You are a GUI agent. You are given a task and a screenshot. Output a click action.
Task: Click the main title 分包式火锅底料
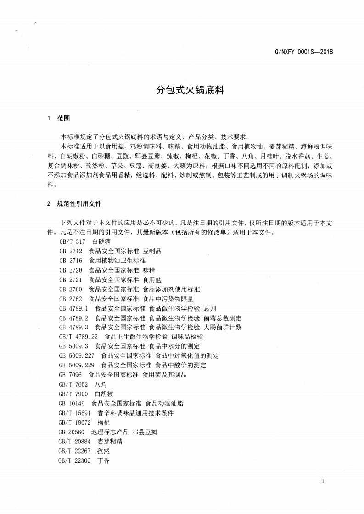click(x=190, y=90)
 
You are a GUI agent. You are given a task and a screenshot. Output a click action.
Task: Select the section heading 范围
click(x=63, y=118)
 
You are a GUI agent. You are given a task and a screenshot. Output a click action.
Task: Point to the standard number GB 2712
click(x=70, y=251)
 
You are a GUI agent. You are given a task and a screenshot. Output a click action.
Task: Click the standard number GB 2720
click(x=70, y=270)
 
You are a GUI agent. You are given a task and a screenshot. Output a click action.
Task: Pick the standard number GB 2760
click(x=70, y=289)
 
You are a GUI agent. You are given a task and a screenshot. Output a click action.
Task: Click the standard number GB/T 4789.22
click(x=78, y=337)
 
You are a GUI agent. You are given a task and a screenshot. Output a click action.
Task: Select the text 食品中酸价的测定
click(x=181, y=365)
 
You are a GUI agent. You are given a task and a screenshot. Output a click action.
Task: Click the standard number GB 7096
click(x=70, y=375)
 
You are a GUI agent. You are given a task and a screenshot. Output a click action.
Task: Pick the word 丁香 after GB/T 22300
click(x=103, y=460)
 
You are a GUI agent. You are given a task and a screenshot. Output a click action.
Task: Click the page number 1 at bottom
click(x=324, y=481)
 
